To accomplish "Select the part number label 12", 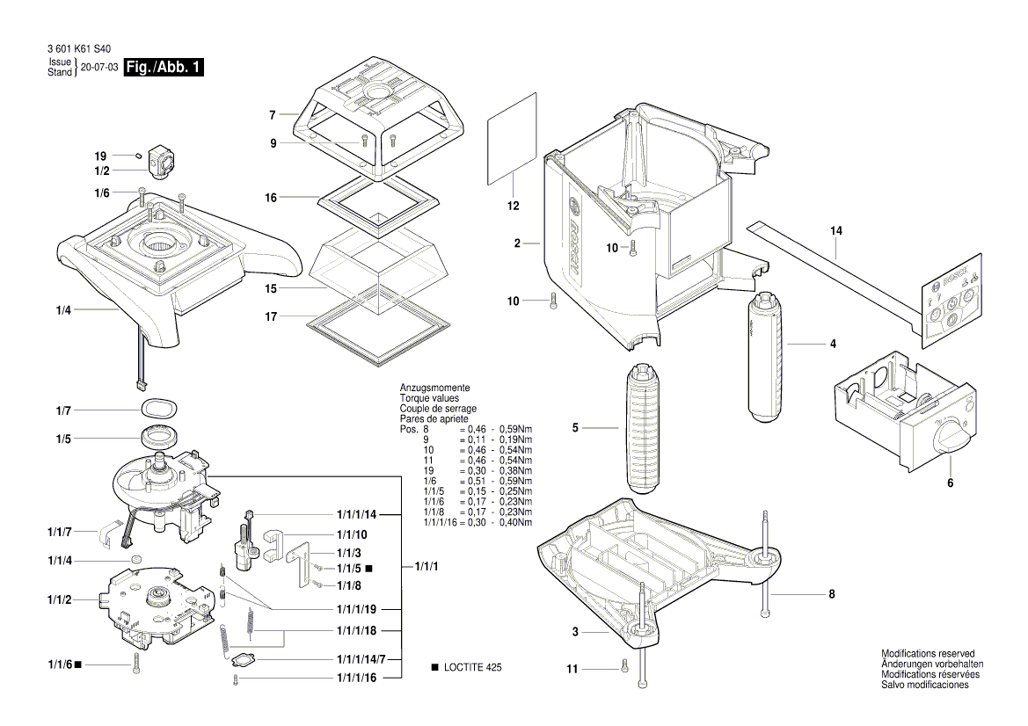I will [x=513, y=206].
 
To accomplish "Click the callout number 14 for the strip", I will [x=835, y=230].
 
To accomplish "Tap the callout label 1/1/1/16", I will [x=356, y=678].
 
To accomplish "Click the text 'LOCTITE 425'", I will [x=473, y=669].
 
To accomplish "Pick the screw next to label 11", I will [x=624, y=667].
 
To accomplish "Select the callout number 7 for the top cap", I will [x=273, y=115].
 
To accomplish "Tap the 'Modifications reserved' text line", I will [x=928, y=654].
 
